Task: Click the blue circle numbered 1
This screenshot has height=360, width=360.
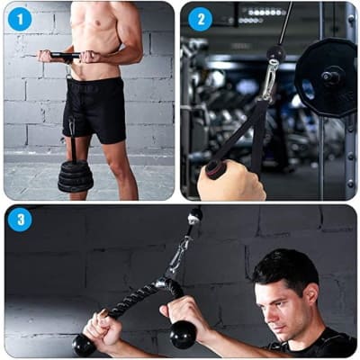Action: coord(20,19)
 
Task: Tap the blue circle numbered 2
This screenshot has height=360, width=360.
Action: coord(201,20)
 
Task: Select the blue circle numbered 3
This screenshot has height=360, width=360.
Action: coord(20,220)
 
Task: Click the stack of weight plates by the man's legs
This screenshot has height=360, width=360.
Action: coord(75,177)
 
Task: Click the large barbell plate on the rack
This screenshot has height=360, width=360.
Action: coord(326,77)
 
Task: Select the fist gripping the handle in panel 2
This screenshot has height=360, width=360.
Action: coord(231,181)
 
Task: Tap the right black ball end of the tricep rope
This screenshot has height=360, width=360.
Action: coord(183,334)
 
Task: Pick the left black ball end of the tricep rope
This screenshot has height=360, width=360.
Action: coord(84,345)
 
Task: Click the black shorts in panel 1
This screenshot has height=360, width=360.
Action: coord(94,110)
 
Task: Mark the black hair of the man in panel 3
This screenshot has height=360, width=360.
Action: coord(285,267)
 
